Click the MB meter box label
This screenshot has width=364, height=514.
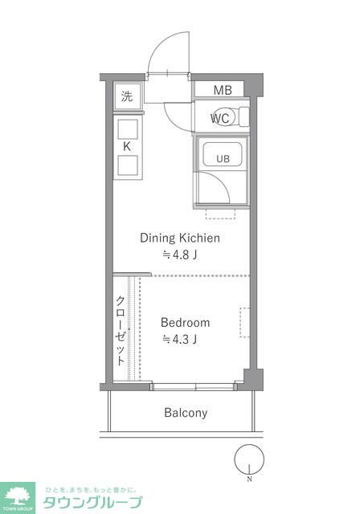tap(223, 90)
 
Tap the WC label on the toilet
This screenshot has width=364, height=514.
tap(219, 118)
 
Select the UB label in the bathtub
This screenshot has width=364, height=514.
tap(223, 159)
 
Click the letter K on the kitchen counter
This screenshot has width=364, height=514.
tap(127, 146)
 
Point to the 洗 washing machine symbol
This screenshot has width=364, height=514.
tap(127, 96)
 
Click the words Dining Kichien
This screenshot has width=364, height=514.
tap(180, 238)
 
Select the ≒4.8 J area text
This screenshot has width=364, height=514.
tap(180, 255)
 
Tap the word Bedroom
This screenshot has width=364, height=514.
tap(185, 323)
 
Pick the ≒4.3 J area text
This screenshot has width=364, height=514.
tap(180, 340)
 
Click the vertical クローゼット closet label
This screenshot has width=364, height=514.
tap(121, 330)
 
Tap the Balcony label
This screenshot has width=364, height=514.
tap(186, 413)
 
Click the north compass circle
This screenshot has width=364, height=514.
tap(249, 459)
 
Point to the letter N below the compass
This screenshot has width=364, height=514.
tap(250, 479)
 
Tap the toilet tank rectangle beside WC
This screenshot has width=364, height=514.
tap(244, 116)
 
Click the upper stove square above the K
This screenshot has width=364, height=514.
tap(127, 129)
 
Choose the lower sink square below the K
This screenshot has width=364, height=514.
tap(127, 165)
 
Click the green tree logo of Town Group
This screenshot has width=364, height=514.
tap(18, 496)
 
